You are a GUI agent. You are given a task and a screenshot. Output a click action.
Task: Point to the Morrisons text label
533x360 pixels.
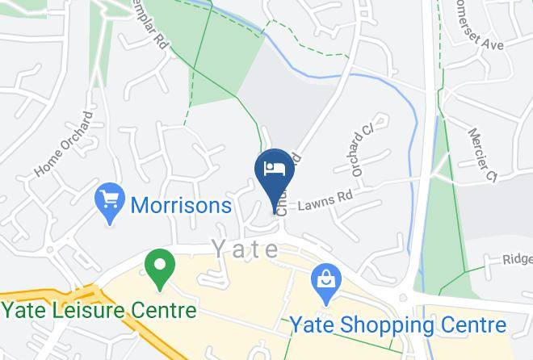coord(181,206)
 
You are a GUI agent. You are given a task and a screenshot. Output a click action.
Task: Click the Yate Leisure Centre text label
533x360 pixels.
coord(99,311)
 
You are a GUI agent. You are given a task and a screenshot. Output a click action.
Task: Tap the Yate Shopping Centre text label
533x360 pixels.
coord(399,325)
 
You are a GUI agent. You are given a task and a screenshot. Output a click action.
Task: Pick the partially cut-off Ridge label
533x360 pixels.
coord(518,259)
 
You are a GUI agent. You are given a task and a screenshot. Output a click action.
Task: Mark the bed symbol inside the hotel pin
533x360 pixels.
coord(274,167)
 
